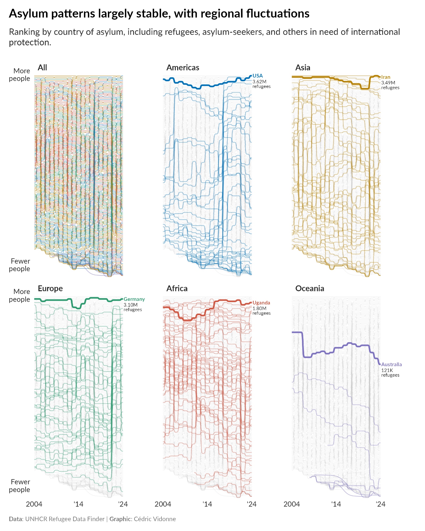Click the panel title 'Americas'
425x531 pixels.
(x=183, y=68)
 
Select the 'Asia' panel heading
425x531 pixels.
(x=303, y=68)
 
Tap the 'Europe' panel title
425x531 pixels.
(x=50, y=288)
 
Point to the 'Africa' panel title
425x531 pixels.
(x=177, y=288)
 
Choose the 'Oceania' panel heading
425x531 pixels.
(x=309, y=288)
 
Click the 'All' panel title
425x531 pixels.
(x=42, y=68)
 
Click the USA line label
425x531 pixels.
(x=257, y=76)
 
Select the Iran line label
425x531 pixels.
(x=386, y=77)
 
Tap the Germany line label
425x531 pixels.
(x=134, y=299)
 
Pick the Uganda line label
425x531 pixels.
(x=261, y=303)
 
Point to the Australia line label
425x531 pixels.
(x=391, y=365)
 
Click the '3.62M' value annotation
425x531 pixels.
(x=259, y=82)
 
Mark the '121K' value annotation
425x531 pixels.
(x=387, y=370)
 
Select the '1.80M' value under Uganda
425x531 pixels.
(x=259, y=308)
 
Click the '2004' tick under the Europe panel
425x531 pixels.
(x=34, y=504)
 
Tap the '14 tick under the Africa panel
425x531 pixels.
(x=207, y=504)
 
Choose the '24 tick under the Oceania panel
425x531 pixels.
(x=380, y=504)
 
